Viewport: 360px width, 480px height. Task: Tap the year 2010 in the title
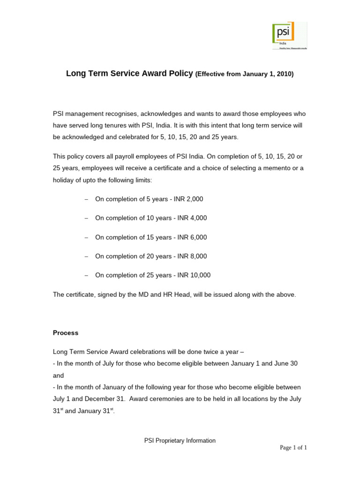click(284, 74)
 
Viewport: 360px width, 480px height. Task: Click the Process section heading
click(66, 333)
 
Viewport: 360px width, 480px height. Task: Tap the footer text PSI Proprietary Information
click(180, 441)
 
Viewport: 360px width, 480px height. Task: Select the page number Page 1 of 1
click(293, 448)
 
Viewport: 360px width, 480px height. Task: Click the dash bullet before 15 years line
click(86, 237)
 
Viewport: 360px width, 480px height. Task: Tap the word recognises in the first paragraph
click(114, 114)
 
